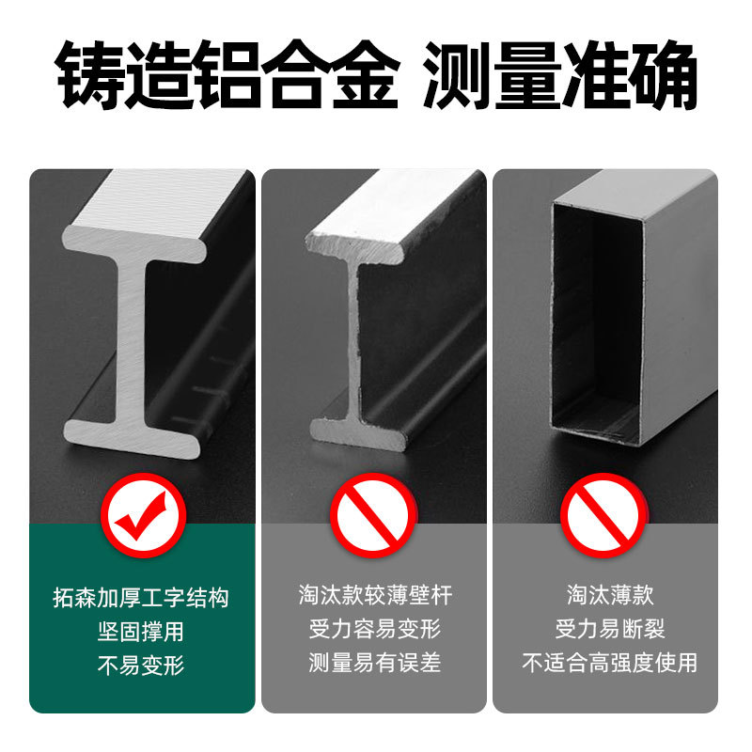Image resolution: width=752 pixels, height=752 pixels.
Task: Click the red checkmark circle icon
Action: click(144, 515)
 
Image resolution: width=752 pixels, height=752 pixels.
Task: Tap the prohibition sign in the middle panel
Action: click(372, 515)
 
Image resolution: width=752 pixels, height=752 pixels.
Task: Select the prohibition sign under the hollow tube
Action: click(603, 515)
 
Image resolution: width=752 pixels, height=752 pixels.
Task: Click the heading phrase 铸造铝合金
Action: click(227, 74)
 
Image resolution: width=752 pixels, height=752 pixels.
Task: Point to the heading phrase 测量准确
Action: click(560, 74)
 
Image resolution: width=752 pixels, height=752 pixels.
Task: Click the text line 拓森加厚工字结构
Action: click(141, 598)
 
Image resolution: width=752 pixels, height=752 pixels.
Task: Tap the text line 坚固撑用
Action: click(141, 631)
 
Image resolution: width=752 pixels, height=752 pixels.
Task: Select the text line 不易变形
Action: click(141, 665)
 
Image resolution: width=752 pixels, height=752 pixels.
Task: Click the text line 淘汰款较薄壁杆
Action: click(375, 595)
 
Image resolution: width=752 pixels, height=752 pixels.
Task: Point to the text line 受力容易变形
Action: click(374, 629)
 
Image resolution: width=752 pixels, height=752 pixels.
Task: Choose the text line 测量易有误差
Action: click(374, 663)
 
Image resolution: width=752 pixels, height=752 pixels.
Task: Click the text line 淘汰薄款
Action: click(610, 595)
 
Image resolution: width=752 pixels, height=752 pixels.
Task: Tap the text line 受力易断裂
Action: click(610, 629)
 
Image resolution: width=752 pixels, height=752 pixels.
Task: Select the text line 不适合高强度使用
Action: click(609, 663)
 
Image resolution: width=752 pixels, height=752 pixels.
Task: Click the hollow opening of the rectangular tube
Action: click(597, 321)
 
